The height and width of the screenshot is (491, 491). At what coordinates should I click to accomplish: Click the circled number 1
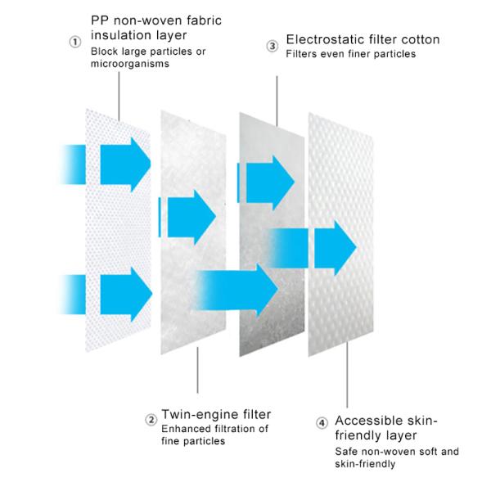click(75, 42)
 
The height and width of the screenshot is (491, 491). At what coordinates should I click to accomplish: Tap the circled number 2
click(151, 420)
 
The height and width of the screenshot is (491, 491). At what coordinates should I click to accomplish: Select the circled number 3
click(273, 46)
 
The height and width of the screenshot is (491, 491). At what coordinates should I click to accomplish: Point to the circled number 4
click(322, 423)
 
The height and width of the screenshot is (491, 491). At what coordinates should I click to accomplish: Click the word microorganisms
click(130, 64)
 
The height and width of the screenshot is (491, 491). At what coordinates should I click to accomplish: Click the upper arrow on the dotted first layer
click(125, 164)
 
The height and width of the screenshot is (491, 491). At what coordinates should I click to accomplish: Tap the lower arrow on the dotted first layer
click(126, 295)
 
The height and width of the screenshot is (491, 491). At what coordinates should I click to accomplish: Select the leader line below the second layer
click(197, 370)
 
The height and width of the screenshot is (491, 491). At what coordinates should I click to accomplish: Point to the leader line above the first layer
click(119, 97)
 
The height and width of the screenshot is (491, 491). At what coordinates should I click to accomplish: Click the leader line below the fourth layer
click(347, 375)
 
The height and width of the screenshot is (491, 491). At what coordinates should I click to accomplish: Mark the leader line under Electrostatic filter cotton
click(277, 101)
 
